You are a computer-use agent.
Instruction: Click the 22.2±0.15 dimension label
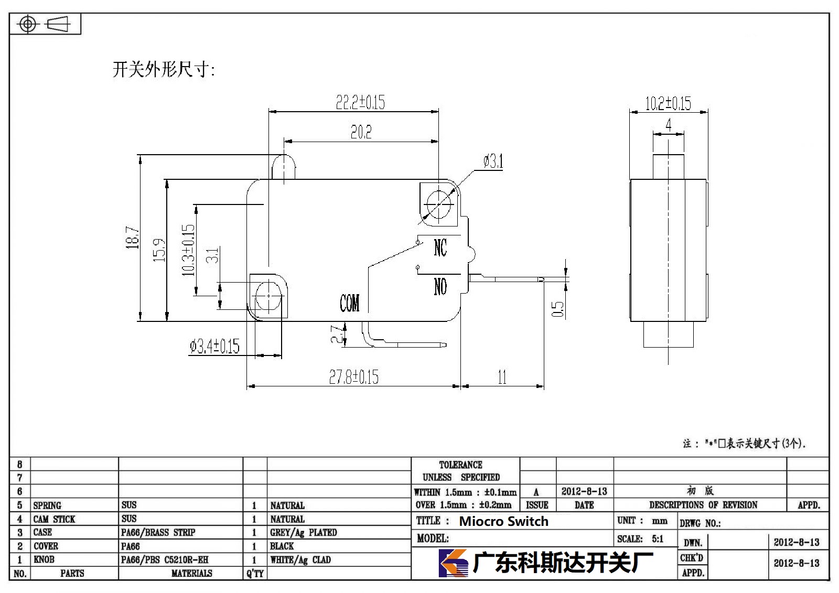pos(360,102)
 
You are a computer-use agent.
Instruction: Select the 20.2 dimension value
pos(361,132)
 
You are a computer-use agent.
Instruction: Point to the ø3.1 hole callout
pos(493,161)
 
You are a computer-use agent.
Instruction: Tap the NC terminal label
pos(440,247)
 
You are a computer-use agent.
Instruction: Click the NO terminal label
pos(440,287)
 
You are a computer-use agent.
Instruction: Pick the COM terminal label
pos(349,303)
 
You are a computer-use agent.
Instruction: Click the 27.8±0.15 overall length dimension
pos(353,377)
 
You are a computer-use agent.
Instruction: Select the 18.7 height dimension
pos(132,238)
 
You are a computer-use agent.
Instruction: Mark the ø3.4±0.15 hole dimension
pos(214,346)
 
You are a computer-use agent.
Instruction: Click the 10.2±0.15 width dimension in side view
pos(668,103)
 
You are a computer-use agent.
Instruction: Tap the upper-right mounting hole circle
pos(438,204)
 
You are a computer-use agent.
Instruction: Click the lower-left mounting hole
pos(268,296)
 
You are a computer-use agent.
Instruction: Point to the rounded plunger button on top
pos(284,167)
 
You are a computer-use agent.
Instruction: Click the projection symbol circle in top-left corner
pos(28,24)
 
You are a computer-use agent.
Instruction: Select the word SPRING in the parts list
pos(47,505)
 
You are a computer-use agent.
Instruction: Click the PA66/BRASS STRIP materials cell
pos(158,532)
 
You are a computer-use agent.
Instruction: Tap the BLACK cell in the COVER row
pos(282,546)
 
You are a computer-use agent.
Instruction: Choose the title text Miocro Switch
pos(503,521)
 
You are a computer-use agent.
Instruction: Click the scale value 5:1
pos(658,538)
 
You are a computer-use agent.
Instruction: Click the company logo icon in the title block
pos(454,563)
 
